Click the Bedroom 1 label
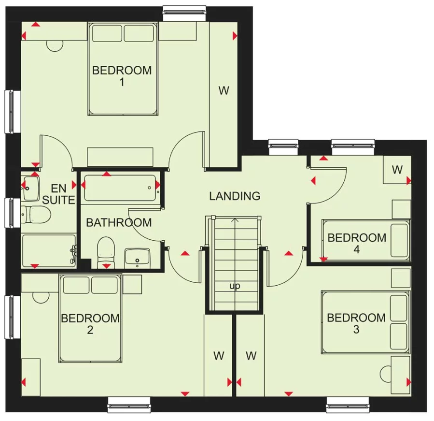pos(122,76)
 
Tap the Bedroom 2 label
pos(90,324)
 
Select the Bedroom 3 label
pos(356,323)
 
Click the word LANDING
pos(235,196)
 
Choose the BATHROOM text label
pos(119,223)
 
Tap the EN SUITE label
pos(59,193)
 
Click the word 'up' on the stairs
pos(235,286)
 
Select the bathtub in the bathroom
pos(120,188)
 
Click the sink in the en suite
pos(30,188)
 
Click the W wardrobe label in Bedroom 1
pos(224,90)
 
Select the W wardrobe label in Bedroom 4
pos(397,170)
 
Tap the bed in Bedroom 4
pos(365,239)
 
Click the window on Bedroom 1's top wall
pos(184,13)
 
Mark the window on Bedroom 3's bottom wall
pos(349,405)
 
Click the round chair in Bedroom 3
pos(387,374)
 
